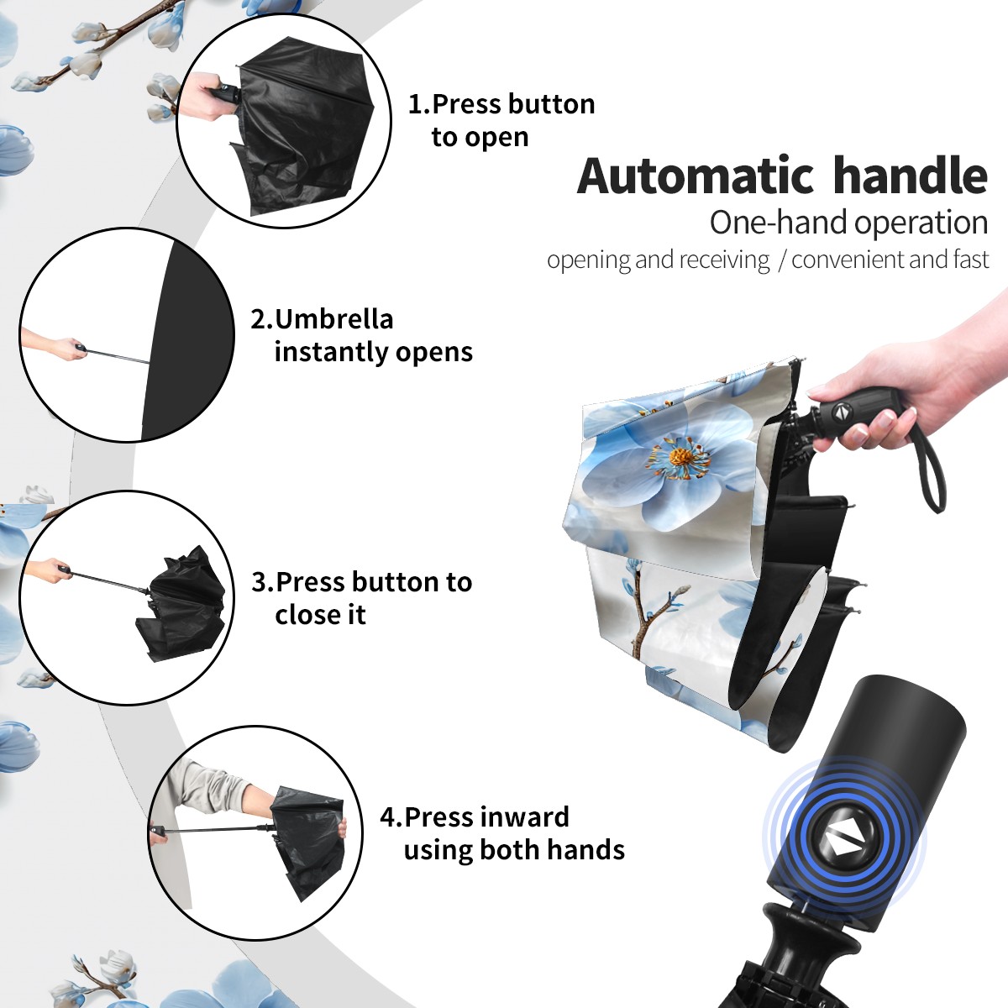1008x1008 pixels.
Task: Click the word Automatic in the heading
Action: (x=696, y=176)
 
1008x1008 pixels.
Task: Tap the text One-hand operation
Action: (x=848, y=223)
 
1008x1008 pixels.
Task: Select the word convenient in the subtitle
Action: (x=848, y=260)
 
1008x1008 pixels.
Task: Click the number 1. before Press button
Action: (x=419, y=104)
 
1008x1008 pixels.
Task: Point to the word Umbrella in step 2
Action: (x=333, y=319)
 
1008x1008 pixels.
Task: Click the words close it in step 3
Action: (x=320, y=614)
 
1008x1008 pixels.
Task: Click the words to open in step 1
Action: (x=480, y=138)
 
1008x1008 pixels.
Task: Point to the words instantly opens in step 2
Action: (x=374, y=351)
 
